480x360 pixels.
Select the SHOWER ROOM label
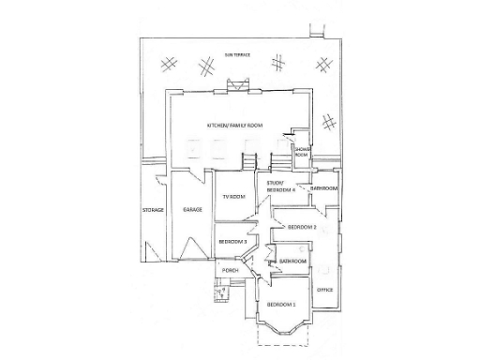[303, 153]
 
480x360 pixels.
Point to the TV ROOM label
[232, 196]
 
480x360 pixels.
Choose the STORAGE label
[153, 209]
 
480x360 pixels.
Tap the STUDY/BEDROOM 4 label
[280, 187]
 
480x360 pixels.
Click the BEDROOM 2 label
[302, 227]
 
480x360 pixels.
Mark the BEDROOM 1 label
[281, 306]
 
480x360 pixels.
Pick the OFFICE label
[325, 290]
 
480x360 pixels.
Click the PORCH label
[230, 271]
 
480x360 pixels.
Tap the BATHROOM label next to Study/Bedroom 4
[324, 188]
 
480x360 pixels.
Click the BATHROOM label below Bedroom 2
[292, 261]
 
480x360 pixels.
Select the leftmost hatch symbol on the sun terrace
[170, 64]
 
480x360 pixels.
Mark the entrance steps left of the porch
[221, 293]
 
